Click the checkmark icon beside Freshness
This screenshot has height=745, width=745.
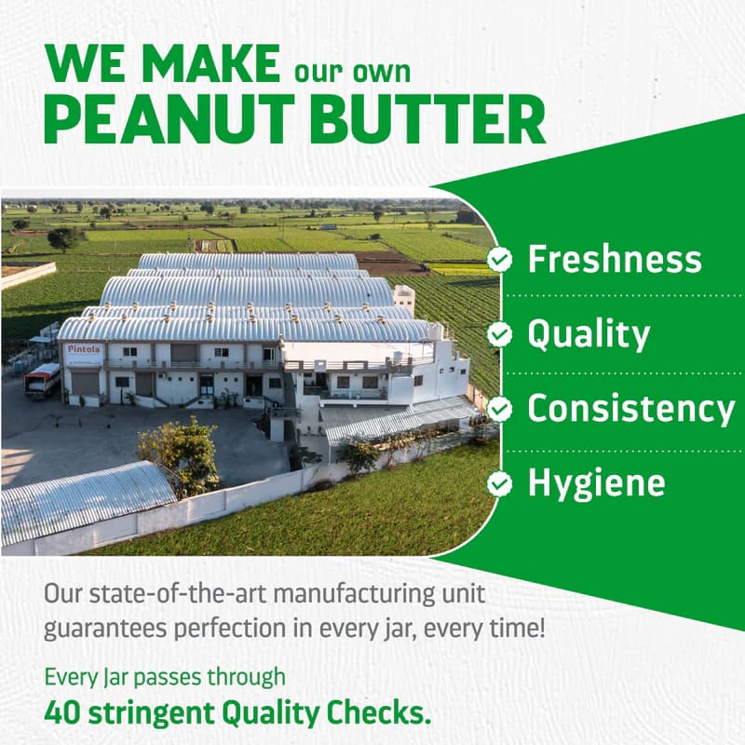point(500,260)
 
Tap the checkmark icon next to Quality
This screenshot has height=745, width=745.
point(500,334)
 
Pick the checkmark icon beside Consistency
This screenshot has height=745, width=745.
point(500,409)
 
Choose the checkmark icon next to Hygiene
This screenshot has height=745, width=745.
point(500,483)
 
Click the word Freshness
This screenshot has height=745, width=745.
point(615,260)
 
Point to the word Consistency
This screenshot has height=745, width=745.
point(631,409)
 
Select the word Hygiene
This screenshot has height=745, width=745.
point(597,483)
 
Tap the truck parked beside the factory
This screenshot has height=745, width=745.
point(42,380)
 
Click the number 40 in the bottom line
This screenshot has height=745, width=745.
point(61,712)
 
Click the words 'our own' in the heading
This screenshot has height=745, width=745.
point(352,70)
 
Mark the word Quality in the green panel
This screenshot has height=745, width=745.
point(589,334)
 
